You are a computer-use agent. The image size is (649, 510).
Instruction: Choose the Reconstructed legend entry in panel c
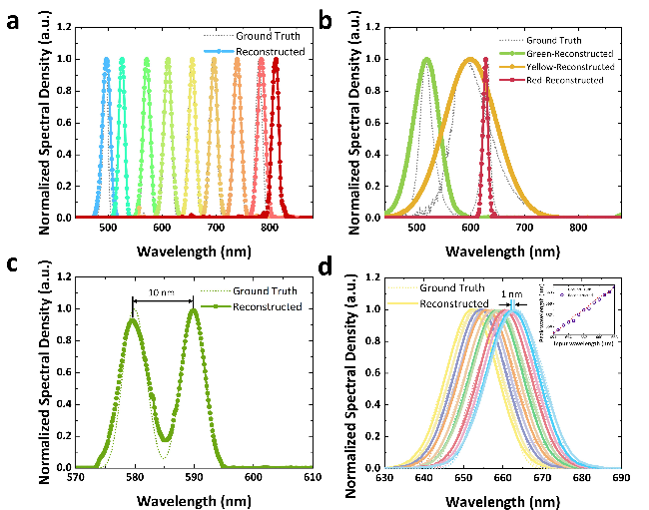269,306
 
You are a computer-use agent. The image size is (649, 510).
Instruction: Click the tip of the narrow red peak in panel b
484,59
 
